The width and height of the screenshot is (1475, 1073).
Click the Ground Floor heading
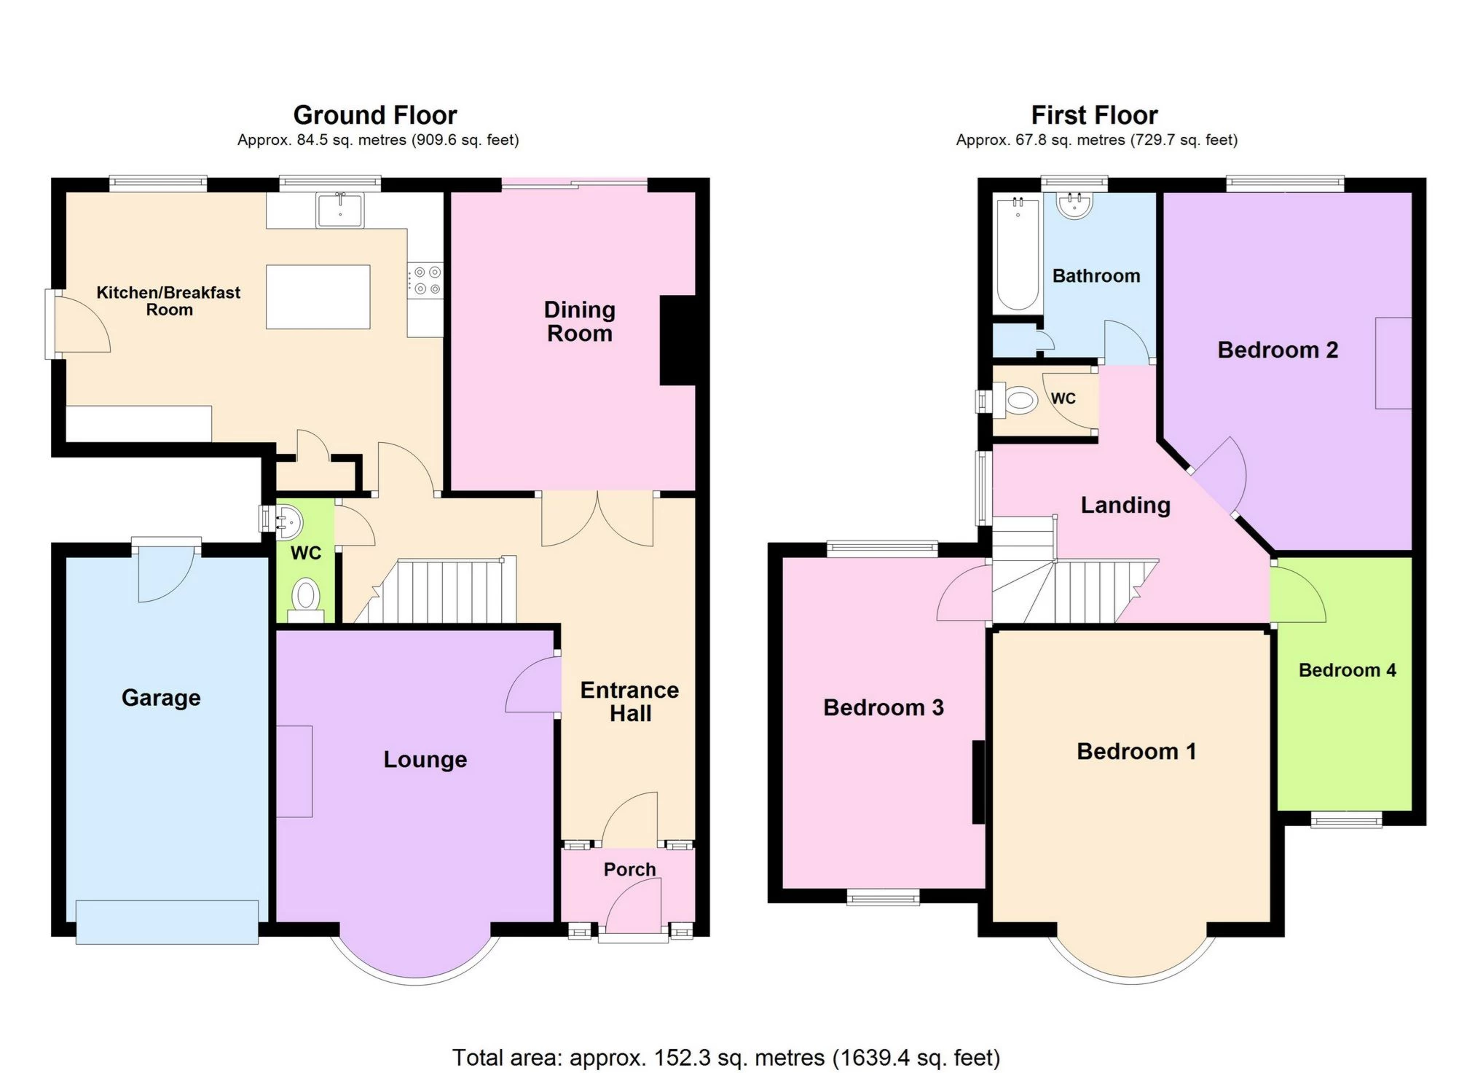[x=374, y=115]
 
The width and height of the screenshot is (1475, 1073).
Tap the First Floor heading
[x=1094, y=115]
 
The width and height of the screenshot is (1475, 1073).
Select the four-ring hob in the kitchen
[x=425, y=280]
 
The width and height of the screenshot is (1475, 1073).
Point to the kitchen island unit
[x=318, y=296]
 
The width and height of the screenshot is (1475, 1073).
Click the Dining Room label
[x=579, y=321]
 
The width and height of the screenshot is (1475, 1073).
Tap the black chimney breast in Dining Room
[x=677, y=339]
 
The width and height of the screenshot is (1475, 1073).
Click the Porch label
[x=629, y=869]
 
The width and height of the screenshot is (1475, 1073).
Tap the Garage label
[x=161, y=697]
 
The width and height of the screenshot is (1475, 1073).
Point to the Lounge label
[x=425, y=759]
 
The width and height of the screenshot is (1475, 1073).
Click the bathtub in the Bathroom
[x=1017, y=255]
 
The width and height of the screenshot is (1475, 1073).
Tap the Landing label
[x=1125, y=505]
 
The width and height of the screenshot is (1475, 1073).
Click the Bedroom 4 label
[x=1347, y=670]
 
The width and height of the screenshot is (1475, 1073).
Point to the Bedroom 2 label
[x=1278, y=350]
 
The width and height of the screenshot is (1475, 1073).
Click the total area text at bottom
[x=725, y=1057]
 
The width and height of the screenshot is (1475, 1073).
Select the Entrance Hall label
[x=629, y=701]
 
